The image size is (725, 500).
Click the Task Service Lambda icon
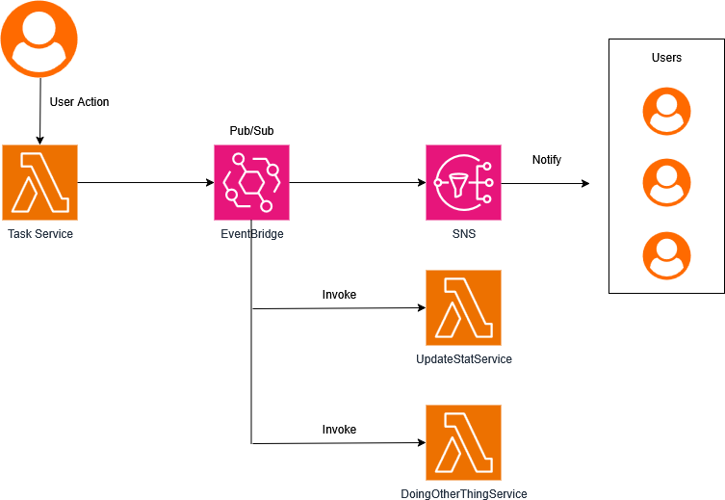(x=39, y=183)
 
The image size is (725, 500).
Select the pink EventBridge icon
(x=251, y=183)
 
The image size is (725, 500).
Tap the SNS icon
(x=463, y=183)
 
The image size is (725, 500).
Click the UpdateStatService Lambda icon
(x=463, y=307)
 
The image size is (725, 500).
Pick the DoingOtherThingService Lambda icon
(x=463, y=442)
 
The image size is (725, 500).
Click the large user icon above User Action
(x=39, y=39)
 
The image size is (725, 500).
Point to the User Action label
(x=79, y=102)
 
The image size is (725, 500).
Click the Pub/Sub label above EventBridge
(x=251, y=131)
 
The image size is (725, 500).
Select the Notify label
(x=547, y=160)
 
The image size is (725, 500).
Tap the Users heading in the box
(x=666, y=58)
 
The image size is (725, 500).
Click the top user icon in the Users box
(x=666, y=111)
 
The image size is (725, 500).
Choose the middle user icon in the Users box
(x=666, y=182)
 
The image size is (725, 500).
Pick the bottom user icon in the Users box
(x=666, y=254)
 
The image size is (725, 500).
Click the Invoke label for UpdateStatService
(x=339, y=294)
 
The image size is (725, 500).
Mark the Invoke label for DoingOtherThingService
(x=339, y=429)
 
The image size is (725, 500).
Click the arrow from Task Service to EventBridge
(x=144, y=183)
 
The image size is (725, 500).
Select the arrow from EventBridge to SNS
(x=356, y=183)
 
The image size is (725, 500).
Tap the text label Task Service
(x=39, y=234)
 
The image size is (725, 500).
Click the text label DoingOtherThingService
(x=463, y=493)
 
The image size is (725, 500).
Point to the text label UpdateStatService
(x=463, y=358)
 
